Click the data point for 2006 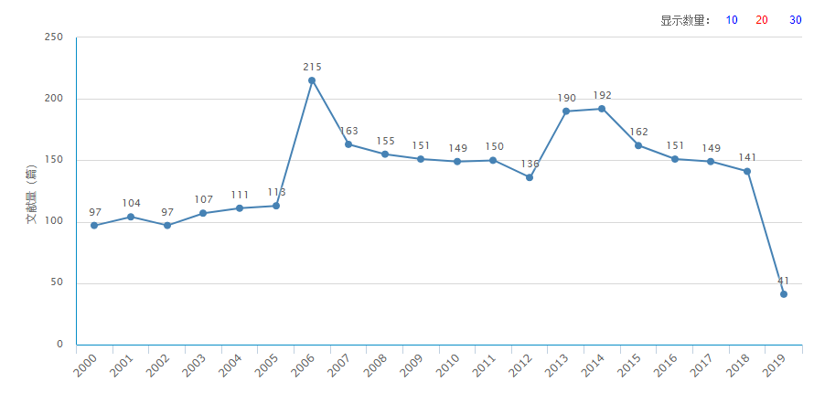click(x=312, y=80)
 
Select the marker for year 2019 click(x=784, y=294)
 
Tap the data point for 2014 click(x=602, y=109)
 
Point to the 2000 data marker click(x=94, y=226)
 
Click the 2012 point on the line click(x=530, y=177)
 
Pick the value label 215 click(x=312, y=67)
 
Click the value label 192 click(x=602, y=95)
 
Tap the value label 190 click(x=566, y=98)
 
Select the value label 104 click(x=131, y=203)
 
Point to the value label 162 click(x=638, y=132)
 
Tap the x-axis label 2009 click(x=412, y=366)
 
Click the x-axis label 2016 click(x=666, y=366)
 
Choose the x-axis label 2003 click(x=194, y=366)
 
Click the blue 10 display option click(x=732, y=20)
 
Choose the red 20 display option click(x=762, y=20)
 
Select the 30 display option click(x=796, y=20)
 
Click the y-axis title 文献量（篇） click(x=31, y=194)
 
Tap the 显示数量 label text click(x=685, y=20)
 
